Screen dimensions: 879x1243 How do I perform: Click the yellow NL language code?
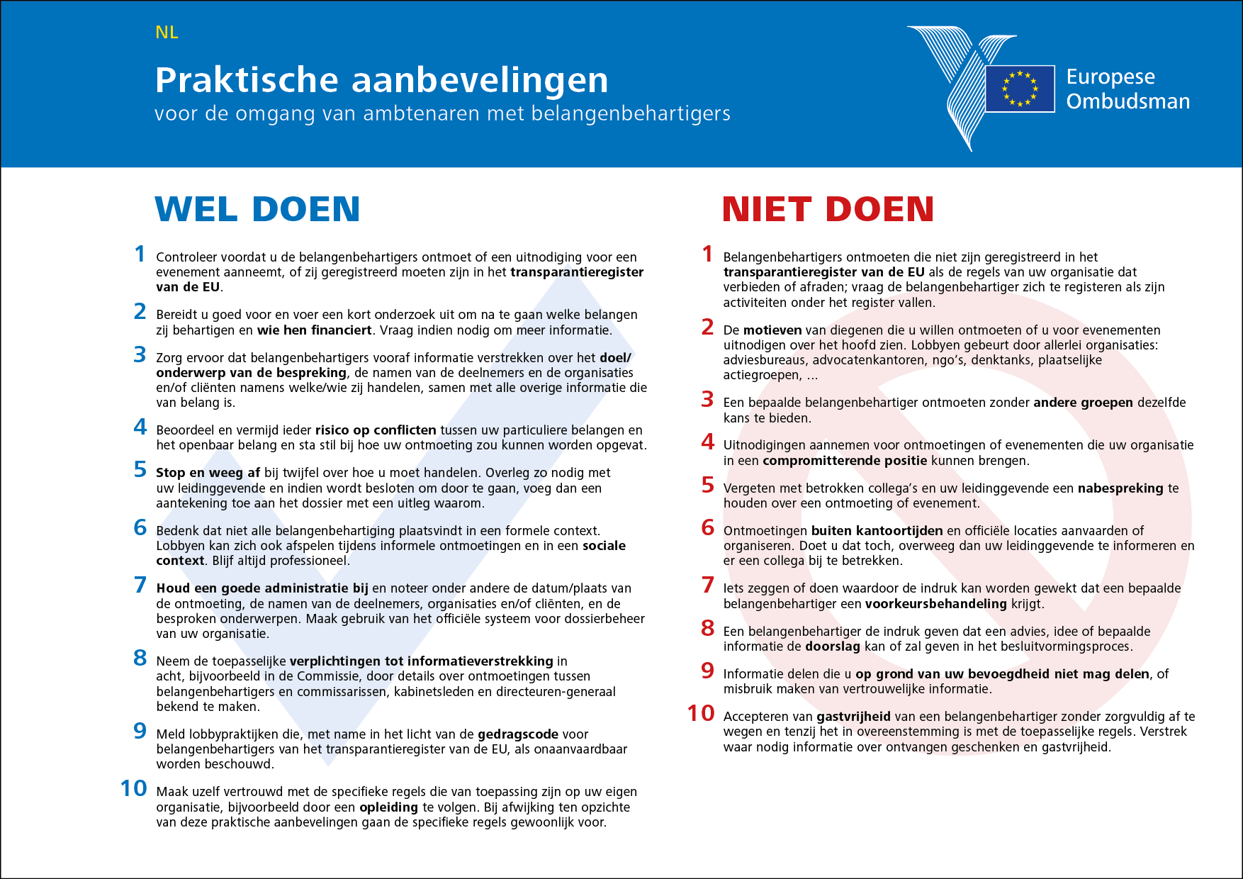click(167, 33)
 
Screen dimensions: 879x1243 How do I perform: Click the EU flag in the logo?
click(1020, 89)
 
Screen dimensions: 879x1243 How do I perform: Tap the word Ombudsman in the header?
click(1127, 101)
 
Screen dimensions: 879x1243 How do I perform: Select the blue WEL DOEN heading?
click(257, 209)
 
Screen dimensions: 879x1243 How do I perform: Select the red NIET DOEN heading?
click(828, 209)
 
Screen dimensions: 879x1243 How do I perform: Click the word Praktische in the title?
click(247, 80)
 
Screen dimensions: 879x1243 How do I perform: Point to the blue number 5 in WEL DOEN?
click(140, 469)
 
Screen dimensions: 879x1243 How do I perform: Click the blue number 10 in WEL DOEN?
click(133, 788)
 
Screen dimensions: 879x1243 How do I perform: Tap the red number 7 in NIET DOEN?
click(707, 585)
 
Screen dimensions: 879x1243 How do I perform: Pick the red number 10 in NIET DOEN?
click(701, 713)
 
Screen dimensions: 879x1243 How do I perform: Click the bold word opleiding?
click(388, 807)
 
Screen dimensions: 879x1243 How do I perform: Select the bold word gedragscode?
click(517, 734)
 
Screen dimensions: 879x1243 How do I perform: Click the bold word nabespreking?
click(1120, 488)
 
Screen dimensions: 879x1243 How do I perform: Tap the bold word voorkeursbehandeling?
click(935, 604)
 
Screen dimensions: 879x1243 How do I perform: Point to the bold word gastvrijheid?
click(853, 717)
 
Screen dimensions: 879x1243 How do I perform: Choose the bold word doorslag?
click(832, 646)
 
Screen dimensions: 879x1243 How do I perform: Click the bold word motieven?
click(772, 330)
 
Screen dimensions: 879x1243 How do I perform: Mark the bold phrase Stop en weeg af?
click(208, 473)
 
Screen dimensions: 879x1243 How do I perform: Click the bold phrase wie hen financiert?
click(314, 330)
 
